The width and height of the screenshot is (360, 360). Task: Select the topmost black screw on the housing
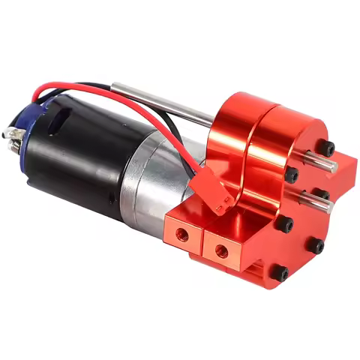click(325, 147)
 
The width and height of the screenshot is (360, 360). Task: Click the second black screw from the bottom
click(316, 245)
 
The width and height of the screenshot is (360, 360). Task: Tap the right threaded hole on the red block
click(223, 249)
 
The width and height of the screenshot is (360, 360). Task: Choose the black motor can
click(82, 157)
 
